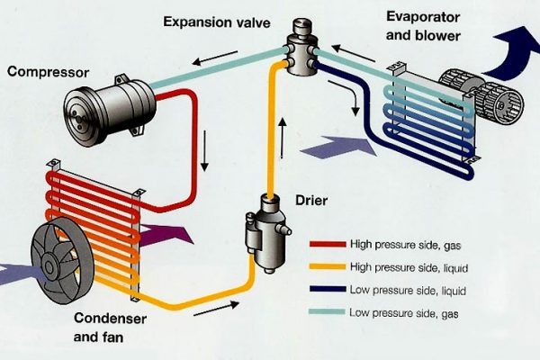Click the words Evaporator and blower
coord(424,24)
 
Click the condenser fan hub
coord(56,262)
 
